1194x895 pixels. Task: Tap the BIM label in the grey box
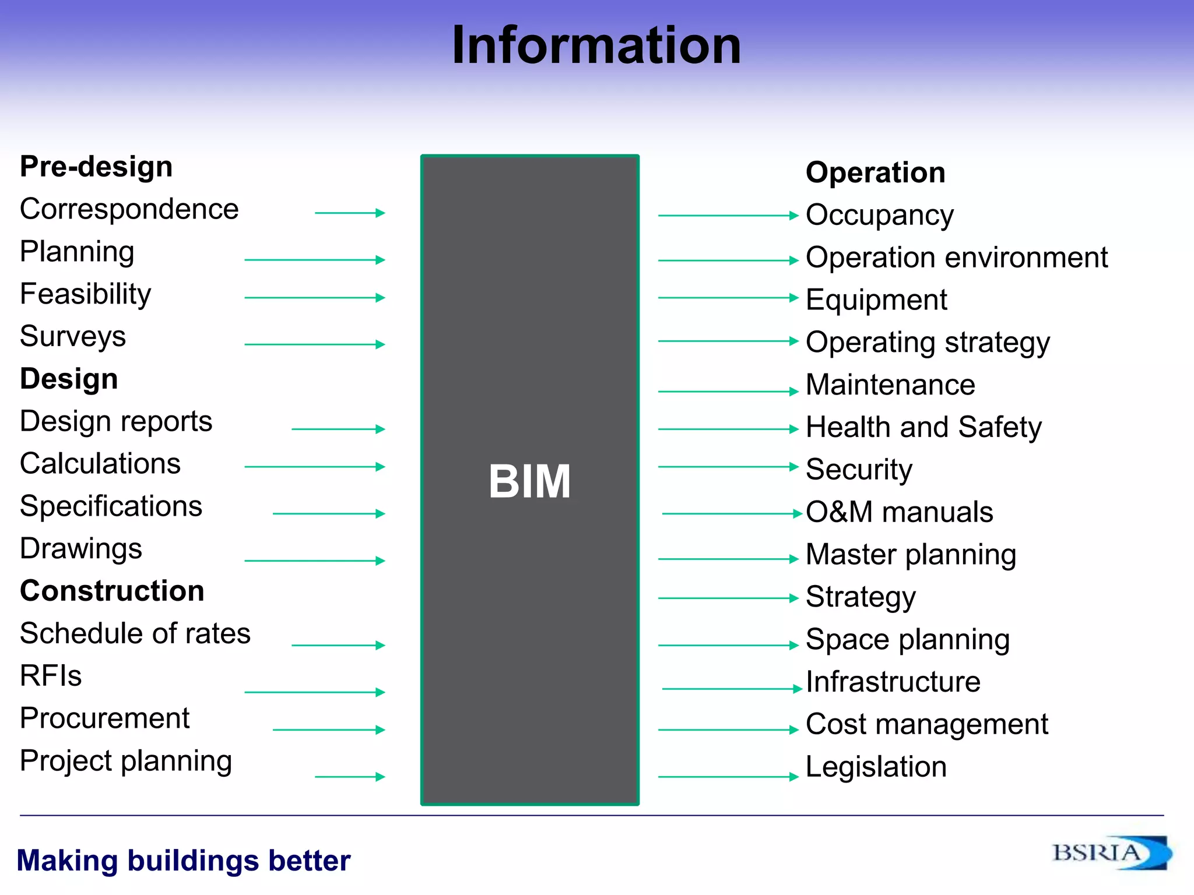[x=529, y=481]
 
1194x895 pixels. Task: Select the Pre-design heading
[x=96, y=167]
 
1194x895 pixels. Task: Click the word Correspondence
[x=129, y=209]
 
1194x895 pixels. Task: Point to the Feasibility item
[x=85, y=294]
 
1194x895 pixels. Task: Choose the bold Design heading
[x=69, y=379]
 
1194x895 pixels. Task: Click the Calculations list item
[x=100, y=464]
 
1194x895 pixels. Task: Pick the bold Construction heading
[x=112, y=591]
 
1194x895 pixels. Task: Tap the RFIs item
[x=51, y=676]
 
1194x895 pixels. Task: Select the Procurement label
[x=104, y=718]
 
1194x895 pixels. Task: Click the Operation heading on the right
[x=875, y=172]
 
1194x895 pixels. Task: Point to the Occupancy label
[x=879, y=215]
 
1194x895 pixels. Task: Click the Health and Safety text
[x=923, y=427]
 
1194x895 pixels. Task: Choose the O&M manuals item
[x=899, y=512]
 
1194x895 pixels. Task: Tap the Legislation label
[x=876, y=767]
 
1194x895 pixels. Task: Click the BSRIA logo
[x=1111, y=854]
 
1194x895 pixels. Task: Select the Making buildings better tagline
[x=184, y=861]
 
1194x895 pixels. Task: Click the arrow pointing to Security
[x=728, y=467]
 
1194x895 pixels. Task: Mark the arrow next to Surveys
[x=315, y=344]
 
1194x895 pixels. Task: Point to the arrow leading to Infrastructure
[x=732, y=689]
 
